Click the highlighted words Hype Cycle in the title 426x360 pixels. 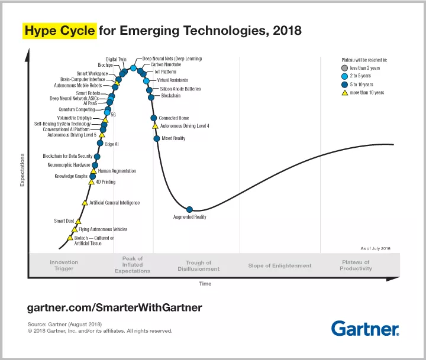coord(60,30)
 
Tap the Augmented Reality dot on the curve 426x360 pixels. coord(190,209)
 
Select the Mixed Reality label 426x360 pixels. coord(173,138)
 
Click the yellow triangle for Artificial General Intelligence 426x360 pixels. coord(85,203)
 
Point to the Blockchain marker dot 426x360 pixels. coord(151,96)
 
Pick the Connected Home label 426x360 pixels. coord(174,118)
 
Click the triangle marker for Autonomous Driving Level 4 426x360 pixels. coord(155,126)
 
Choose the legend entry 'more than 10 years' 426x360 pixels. coord(367,93)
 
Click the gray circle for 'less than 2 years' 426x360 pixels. coord(345,68)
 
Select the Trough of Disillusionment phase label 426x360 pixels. coord(198,266)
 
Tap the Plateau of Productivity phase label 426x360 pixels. coord(356,265)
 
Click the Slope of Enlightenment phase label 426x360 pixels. coord(280,266)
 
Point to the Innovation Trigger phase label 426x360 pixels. coord(64,265)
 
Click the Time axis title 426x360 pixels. coord(205,284)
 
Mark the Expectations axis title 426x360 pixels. coord(22,170)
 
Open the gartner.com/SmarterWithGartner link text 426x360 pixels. coord(115,307)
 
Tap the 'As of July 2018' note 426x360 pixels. coord(375,248)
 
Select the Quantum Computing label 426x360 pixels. coord(76,109)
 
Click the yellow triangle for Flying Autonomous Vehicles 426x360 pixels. coord(75,229)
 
